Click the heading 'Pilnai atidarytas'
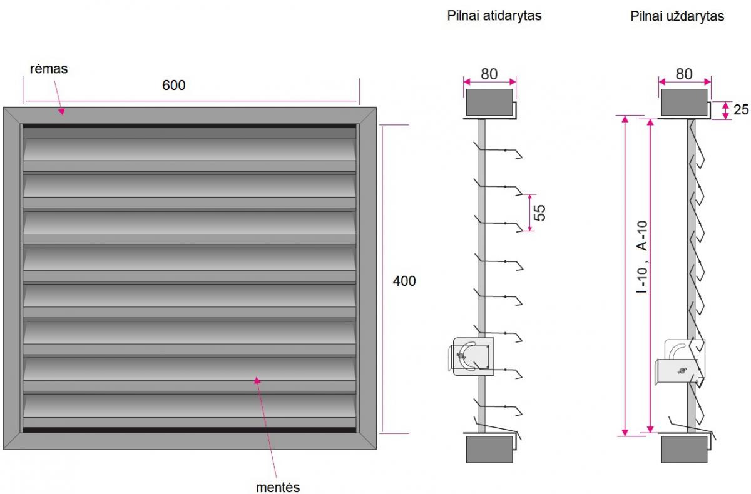pos(494,16)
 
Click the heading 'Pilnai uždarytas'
pos(677,16)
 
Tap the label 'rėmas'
pos(49,69)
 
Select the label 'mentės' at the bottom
pos(278,487)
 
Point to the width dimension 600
pos(174,85)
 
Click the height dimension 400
pos(404,281)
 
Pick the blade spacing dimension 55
pos(539,213)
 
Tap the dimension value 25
pos(741,109)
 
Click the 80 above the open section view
pos(489,74)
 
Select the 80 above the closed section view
pos(684,74)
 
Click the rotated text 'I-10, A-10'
pos(642,257)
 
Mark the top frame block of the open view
pos(489,102)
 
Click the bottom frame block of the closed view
pos(684,449)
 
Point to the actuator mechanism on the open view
pos(472,356)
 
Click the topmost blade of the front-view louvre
pos(190,149)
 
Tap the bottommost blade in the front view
pos(190,406)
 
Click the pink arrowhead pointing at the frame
pos(62,111)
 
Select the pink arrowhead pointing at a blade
pos(257,380)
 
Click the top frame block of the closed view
pos(684,102)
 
